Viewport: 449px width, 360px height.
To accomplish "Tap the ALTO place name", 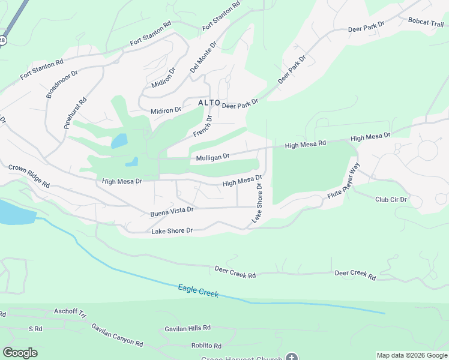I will click(209, 103).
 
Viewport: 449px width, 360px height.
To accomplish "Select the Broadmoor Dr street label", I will click(62, 83).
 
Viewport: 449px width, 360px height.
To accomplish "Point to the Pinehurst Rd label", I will click(76, 113).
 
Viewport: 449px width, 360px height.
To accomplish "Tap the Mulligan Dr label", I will click(213, 157).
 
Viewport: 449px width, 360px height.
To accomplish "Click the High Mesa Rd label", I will click(305, 145).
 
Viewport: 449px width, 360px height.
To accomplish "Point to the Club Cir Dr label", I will click(391, 200).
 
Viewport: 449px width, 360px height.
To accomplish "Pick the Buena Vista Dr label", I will click(172, 210).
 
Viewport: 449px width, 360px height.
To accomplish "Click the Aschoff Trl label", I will click(70, 312).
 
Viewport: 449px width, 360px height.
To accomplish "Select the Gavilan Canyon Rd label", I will click(117, 335).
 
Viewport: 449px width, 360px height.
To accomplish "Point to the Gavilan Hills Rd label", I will click(188, 328).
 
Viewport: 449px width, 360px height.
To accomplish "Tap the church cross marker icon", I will click(291, 358).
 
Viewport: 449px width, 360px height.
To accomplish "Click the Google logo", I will click(20, 353).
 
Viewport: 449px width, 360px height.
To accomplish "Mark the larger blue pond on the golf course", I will click(119, 141).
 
